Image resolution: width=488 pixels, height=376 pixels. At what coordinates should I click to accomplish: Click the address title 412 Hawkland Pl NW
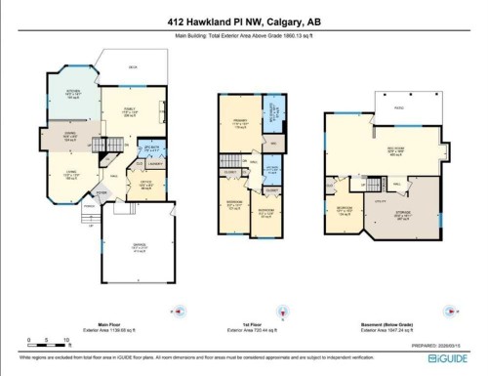(x=243, y=21)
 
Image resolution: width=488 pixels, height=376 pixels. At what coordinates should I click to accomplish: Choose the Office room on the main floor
(x=144, y=183)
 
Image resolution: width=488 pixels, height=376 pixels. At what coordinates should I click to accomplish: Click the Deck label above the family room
(x=132, y=67)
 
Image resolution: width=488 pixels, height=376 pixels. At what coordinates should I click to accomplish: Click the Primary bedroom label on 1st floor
(x=240, y=125)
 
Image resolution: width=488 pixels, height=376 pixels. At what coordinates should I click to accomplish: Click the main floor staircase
(x=114, y=146)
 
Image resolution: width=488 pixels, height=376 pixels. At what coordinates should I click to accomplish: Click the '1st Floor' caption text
(x=248, y=325)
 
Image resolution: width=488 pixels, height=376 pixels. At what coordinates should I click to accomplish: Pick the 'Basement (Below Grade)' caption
(x=388, y=325)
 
